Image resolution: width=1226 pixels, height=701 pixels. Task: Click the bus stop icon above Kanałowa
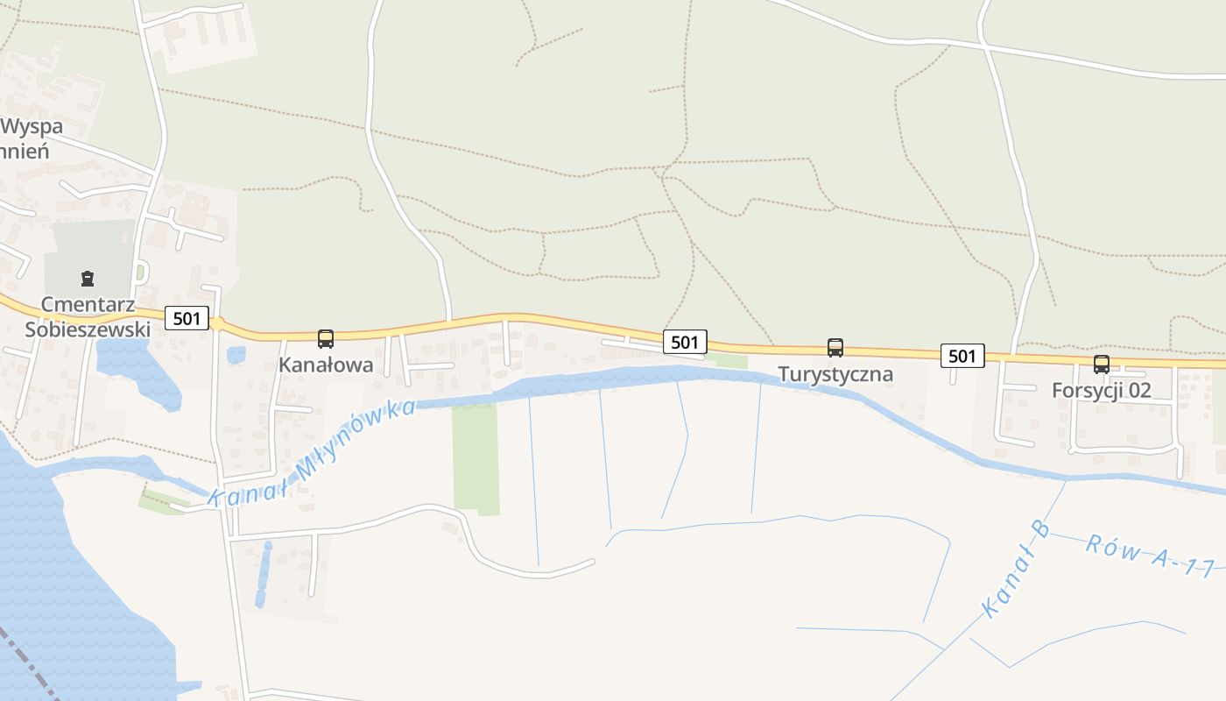326,339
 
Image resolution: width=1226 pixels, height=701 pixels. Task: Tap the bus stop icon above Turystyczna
835,348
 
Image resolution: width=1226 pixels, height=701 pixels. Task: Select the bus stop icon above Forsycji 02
1102,365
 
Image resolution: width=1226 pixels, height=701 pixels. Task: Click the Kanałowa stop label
326,365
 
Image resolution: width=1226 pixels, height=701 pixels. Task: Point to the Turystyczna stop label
835,374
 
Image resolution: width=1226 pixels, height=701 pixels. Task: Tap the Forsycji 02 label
1102,391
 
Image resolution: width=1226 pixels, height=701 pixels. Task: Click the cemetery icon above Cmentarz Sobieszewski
88,280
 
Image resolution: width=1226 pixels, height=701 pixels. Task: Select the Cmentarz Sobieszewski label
88,317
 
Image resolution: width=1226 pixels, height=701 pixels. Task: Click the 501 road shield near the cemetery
187,318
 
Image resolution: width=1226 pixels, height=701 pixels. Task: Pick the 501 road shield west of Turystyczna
685,342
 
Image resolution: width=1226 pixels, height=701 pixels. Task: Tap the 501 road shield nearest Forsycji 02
962,356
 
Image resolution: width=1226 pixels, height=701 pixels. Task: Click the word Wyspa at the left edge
32,126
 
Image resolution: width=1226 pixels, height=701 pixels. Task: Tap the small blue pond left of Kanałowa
236,355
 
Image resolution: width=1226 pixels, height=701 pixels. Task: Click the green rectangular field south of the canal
476,458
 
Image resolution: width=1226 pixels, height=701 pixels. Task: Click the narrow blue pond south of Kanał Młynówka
263,574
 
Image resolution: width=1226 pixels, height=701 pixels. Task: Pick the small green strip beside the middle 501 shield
729,361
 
